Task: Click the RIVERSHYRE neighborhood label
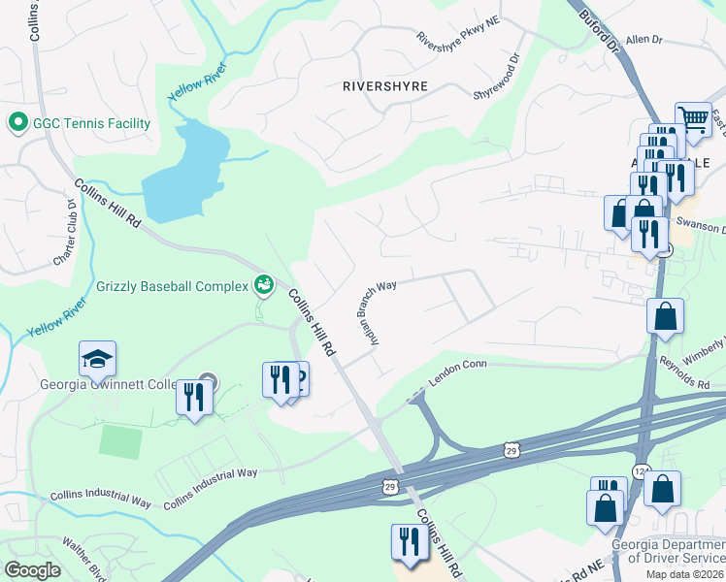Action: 385,85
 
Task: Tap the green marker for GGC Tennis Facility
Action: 16,123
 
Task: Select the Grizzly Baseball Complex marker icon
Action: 263,285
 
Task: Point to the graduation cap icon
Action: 98,361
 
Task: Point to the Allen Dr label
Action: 643,40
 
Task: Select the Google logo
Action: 32,570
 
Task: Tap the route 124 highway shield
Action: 640,470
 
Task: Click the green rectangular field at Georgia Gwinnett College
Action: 120,442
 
